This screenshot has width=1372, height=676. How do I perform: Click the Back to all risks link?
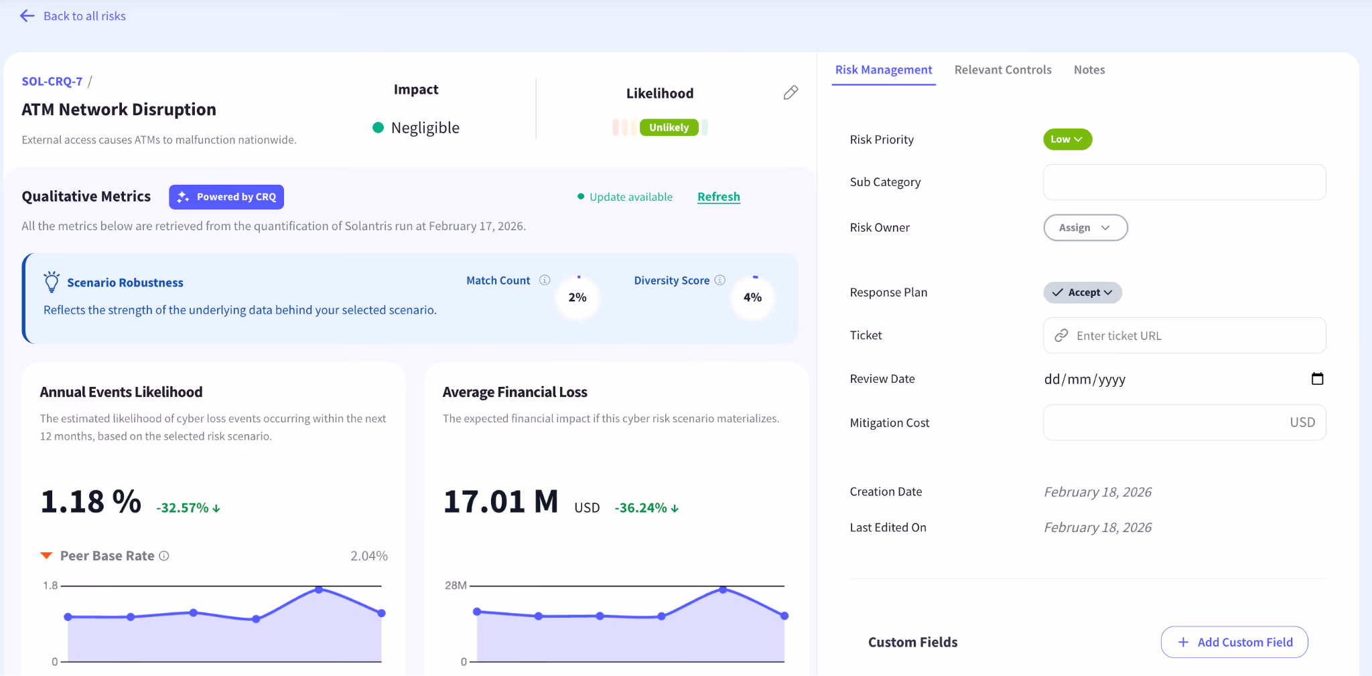point(73,16)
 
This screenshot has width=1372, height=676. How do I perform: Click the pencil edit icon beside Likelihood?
point(791,92)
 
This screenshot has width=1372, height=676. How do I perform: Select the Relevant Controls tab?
point(1003,70)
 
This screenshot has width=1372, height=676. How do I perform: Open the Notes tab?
point(1089,70)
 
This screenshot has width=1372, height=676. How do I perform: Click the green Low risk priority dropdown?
point(1067,139)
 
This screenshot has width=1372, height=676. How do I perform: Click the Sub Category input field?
point(1184,182)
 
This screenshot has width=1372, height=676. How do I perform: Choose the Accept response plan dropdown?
point(1082,292)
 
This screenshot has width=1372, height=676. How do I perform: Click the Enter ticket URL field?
point(1184,335)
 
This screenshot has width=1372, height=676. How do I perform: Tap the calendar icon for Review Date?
point(1317,379)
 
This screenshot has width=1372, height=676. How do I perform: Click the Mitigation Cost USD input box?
point(1184,422)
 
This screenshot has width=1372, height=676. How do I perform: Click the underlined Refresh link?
point(719,197)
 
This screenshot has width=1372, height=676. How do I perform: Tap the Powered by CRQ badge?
point(226,197)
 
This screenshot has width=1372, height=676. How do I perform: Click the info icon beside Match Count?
point(545,280)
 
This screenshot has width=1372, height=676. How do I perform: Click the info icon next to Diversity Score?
point(719,280)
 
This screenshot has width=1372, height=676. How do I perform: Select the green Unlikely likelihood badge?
point(669,127)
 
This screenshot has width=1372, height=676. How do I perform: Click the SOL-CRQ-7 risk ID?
point(52,82)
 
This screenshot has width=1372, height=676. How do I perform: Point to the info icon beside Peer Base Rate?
point(164,556)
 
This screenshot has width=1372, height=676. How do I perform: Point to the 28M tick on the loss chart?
point(456,586)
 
